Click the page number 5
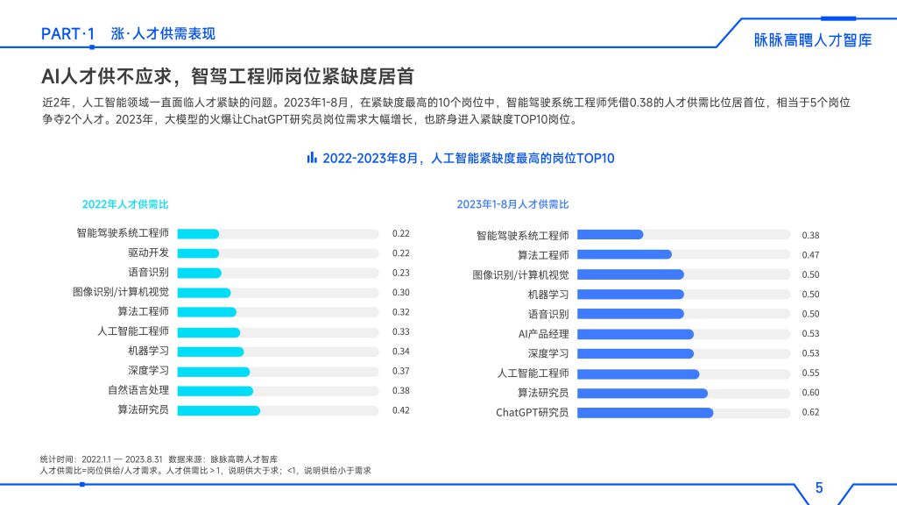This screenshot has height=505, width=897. [x=819, y=488]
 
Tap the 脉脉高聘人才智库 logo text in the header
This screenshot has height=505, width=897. [x=813, y=40]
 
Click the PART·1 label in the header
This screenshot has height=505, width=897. [x=67, y=34]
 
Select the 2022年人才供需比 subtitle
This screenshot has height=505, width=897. [x=125, y=204]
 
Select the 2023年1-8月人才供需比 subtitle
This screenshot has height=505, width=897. [x=512, y=204]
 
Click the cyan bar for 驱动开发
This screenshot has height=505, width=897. [x=198, y=253]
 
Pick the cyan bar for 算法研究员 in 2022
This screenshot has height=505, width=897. [x=219, y=410]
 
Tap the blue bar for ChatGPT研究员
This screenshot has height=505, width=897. [x=645, y=413]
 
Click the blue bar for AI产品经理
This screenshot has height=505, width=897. [x=635, y=334]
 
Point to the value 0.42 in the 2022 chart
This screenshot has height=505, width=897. [x=401, y=410]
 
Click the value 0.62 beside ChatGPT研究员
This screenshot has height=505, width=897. [x=810, y=413]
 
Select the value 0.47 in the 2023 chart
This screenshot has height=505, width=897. [x=810, y=255]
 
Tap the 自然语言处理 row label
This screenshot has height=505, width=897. [x=138, y=390]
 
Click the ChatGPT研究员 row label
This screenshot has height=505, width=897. [x=533, y=413]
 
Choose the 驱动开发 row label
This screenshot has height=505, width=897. [x=148, y=253]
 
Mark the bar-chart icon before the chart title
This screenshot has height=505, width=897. [x=311, y=158]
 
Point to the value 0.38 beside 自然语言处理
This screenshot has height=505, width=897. [x=401, y=390]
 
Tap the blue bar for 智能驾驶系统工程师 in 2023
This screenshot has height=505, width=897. [x=610, y=235]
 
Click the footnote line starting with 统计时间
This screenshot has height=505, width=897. [x=159, y=459]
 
